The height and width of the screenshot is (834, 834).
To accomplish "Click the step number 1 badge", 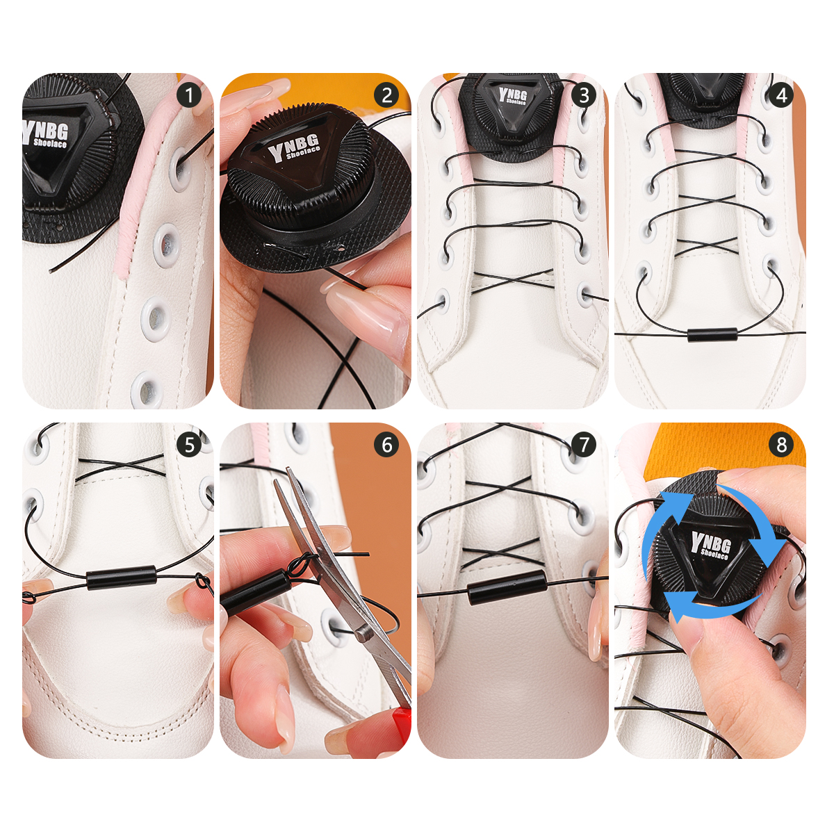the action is (189, 95).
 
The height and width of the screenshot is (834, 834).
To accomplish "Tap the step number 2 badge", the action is (386, 95).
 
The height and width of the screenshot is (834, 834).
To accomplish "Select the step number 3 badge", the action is (584, 95).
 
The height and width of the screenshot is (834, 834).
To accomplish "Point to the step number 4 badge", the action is (781, 95).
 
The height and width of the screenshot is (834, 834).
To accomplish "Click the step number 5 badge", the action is (189, 445).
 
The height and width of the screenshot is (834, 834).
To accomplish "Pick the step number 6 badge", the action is (386, 445).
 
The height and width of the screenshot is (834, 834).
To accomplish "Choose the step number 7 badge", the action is (584, 445).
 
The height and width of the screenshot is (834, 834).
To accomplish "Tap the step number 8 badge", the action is (781, 445).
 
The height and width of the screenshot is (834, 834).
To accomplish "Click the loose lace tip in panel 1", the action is (51, 270).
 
